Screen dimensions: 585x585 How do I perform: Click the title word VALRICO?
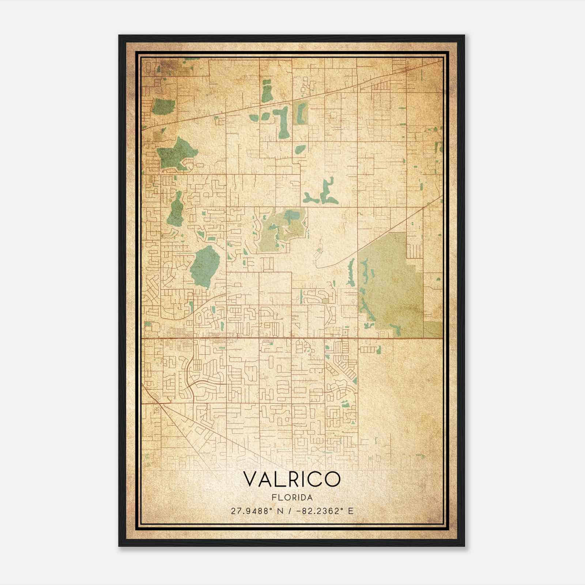click(x=291, y=479)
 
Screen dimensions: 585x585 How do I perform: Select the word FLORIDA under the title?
click(x=292, y=498)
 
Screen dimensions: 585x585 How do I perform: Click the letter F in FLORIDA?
click(x=273, y=498)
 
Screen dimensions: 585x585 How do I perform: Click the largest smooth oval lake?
click(x=205, y=266)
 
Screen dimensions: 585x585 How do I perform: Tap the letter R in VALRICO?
click(x=292, y=479)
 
